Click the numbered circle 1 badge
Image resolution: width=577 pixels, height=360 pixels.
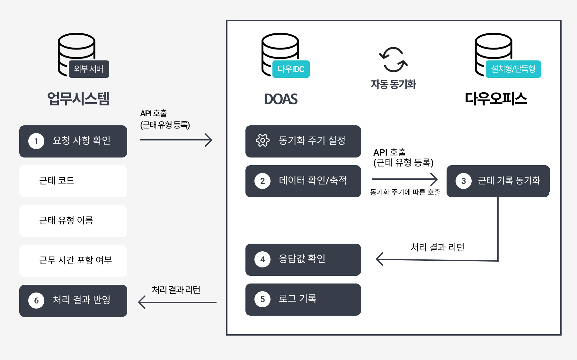point(36,141)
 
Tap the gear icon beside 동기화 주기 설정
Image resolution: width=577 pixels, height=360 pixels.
point(262,140)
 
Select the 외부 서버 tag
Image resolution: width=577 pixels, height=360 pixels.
point(89,69)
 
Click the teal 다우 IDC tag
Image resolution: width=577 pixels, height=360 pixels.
point(291,69)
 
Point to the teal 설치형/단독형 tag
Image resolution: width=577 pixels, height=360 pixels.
point(513,69)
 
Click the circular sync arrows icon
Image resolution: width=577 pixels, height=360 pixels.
point(393,60)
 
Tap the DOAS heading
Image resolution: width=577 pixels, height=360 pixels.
point(281,99)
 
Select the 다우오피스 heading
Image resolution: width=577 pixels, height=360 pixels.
point(496,99)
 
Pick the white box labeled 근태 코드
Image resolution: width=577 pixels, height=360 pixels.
point(73,181)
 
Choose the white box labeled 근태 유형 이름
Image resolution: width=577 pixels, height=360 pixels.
point(73,221)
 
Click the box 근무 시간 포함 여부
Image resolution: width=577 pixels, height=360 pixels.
point(73,261)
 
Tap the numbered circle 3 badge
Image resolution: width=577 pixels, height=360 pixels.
point(463,181)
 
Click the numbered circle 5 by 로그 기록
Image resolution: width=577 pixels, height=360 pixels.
point(262,299)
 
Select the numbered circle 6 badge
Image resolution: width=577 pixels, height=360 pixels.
point(36,301)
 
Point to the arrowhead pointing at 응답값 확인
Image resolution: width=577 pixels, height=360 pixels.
point(379,259)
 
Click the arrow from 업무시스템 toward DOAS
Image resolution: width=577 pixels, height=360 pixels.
point(176,140)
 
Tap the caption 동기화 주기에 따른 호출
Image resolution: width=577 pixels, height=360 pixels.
point(405,192)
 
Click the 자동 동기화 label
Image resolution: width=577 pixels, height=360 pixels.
point(393,85)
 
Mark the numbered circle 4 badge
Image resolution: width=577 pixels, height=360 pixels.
point(262,259)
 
